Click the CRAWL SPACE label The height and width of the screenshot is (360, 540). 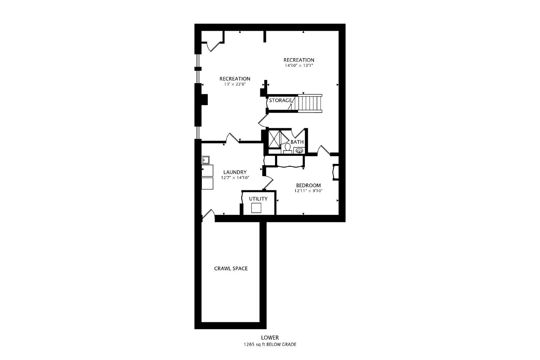[x=231, y=269]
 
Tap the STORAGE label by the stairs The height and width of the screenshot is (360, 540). [x=280, y=100]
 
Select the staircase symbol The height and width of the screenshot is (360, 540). [x=310, y=103]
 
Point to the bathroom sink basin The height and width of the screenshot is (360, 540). [x=299, y=150]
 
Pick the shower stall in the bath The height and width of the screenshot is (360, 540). [x=274, y=139]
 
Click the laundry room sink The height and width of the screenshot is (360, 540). [x=206, y=160]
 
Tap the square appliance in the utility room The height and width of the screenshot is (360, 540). [x=256, y=208]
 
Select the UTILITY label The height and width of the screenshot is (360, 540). [x=258, y=199]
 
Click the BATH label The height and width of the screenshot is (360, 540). [x=297, y=142]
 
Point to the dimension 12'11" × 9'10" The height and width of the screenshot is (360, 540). [x=308, y=191]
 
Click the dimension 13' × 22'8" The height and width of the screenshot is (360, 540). [x=235, y=84]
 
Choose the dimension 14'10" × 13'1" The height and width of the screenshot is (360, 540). [x=299, y=65]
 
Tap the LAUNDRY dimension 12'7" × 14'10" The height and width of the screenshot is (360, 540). [x=235, y=177]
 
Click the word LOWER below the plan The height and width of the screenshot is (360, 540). [x=270, y=338]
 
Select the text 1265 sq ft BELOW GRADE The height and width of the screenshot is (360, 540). [x=270, y=344]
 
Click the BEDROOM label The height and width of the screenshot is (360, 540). [x=308, y=185]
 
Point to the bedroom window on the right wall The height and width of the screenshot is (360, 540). [x=335, y=172]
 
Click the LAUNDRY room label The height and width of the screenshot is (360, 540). [x=235, y=172]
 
